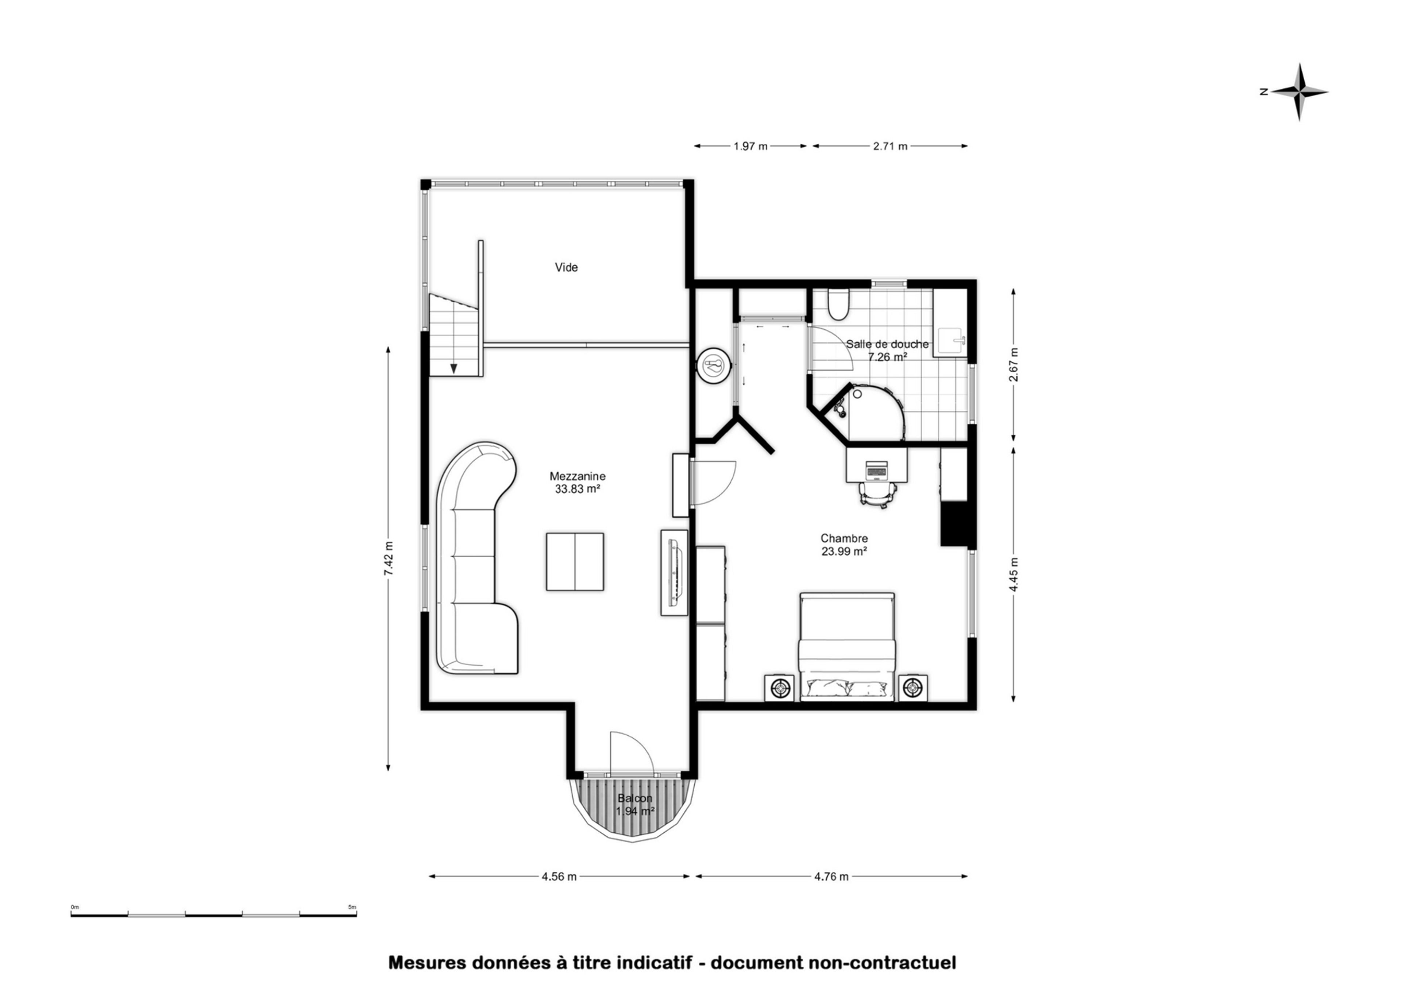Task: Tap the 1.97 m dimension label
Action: click(x=750, y=147)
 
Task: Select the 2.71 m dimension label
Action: click(x=890, y=147)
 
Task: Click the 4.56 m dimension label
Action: click(x=559, y=877)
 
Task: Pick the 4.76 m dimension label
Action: click(x=831, y=877)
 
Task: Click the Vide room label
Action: click(x=566, y=267)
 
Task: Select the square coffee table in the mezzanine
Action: click(x=575, y=561)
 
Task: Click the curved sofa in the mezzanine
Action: click(x=473, y=558)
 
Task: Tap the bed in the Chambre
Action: click(x=847, y=647)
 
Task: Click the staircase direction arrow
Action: click(x=454, y=368)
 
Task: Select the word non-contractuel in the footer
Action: click(x=882, y=963)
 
